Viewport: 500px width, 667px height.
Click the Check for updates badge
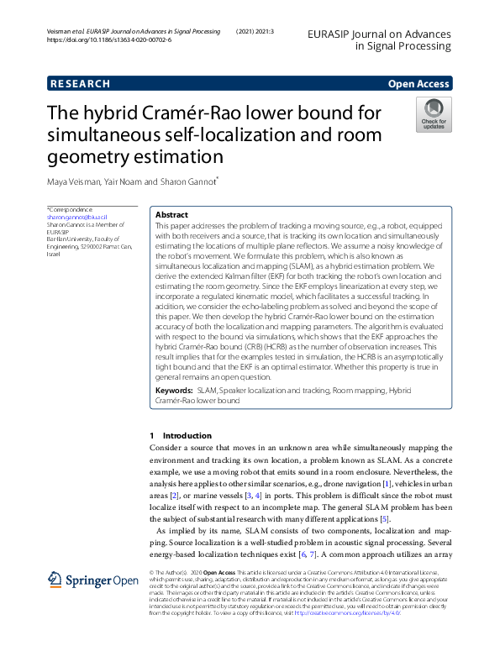433,113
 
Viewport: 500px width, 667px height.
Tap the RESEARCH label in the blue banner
80,84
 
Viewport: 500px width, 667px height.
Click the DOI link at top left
109,39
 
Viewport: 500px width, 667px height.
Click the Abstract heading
172,215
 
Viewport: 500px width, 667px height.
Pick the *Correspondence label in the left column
70,208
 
